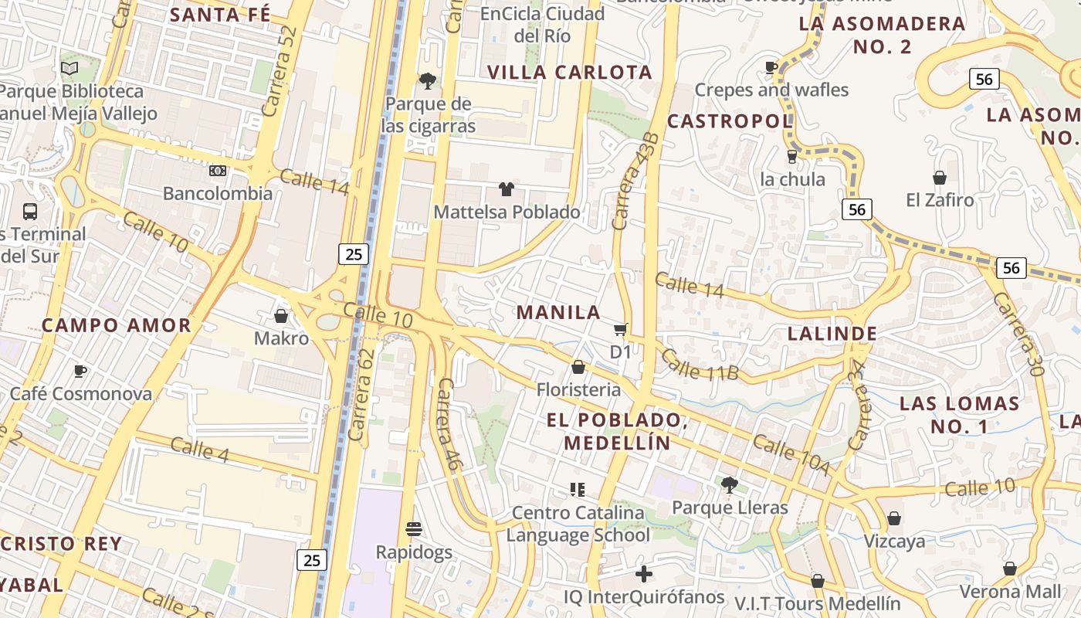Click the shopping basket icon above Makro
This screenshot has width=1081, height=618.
click(281, 316)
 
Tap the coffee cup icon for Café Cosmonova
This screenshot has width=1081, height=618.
click(80, 372)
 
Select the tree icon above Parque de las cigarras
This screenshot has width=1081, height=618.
click(427, 80)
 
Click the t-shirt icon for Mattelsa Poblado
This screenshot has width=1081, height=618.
click(507, 189)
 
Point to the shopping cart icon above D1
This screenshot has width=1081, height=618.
click(620, 331)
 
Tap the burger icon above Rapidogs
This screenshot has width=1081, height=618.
click(414, 529)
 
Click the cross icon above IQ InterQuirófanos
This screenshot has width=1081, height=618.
click(643, 574)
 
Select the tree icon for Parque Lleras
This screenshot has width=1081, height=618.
click(729, 485)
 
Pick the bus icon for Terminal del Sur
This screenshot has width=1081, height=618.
click(30, 211)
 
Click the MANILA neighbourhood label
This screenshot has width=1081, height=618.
click(558, 312)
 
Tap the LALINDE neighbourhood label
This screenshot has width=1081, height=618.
click(832, 334)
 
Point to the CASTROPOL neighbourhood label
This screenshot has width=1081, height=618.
click(730, 121)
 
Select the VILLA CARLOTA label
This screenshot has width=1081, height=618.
click(570, 73)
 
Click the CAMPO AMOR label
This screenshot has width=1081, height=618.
click(116, 325)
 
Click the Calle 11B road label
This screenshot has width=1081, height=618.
click(700, 365)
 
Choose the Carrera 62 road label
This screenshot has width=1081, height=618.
click(361, 395)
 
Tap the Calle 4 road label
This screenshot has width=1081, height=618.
click(199, 449)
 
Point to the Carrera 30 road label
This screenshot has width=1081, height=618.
click(1018, 333)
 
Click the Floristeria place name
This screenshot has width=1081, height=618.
click(578, 389)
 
